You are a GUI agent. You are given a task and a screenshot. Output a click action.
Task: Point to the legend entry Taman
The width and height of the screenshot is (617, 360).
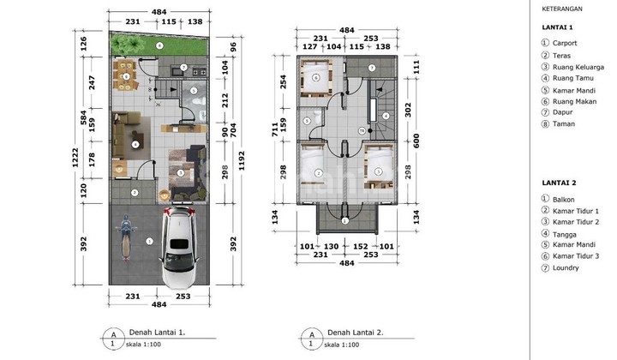click(565, 123)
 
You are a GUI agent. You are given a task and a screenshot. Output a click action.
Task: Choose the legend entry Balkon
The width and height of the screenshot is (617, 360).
click(565, 199)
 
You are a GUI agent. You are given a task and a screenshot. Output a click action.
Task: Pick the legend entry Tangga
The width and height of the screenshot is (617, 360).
click(566, 234)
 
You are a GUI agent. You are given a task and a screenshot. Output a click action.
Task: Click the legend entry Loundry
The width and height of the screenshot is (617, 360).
click(566, 267)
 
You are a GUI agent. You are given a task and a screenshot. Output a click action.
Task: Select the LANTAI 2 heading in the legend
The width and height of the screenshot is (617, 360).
click(557, 183)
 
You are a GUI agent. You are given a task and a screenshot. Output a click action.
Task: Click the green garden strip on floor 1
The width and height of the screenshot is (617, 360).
click(159, 44)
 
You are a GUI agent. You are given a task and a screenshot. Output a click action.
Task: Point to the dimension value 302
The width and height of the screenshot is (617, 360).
click(410, 110)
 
